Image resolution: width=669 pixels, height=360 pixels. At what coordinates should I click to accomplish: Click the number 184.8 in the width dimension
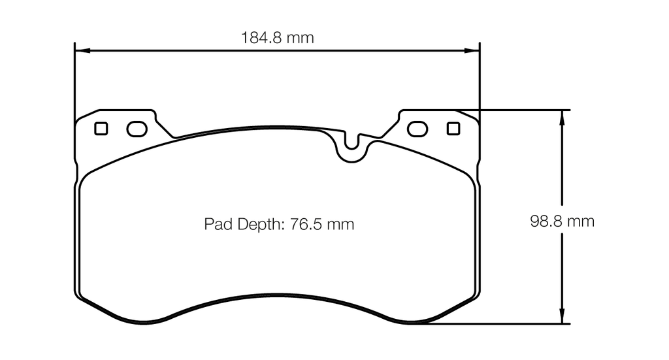[263, 38]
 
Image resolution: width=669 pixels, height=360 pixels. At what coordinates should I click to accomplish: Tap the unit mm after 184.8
[300, 38]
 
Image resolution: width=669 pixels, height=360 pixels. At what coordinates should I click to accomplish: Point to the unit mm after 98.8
[580, 221]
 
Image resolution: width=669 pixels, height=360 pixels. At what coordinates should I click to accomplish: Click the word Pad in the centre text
[216, 225]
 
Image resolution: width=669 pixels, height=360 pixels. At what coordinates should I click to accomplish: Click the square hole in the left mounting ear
[101, 129]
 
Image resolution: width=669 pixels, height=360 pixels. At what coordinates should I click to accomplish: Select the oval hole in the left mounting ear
[137, 129]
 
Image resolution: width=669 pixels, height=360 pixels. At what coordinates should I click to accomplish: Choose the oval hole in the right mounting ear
[417, 129]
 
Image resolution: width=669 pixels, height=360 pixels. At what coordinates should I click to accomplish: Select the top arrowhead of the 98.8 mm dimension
[561, 115]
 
